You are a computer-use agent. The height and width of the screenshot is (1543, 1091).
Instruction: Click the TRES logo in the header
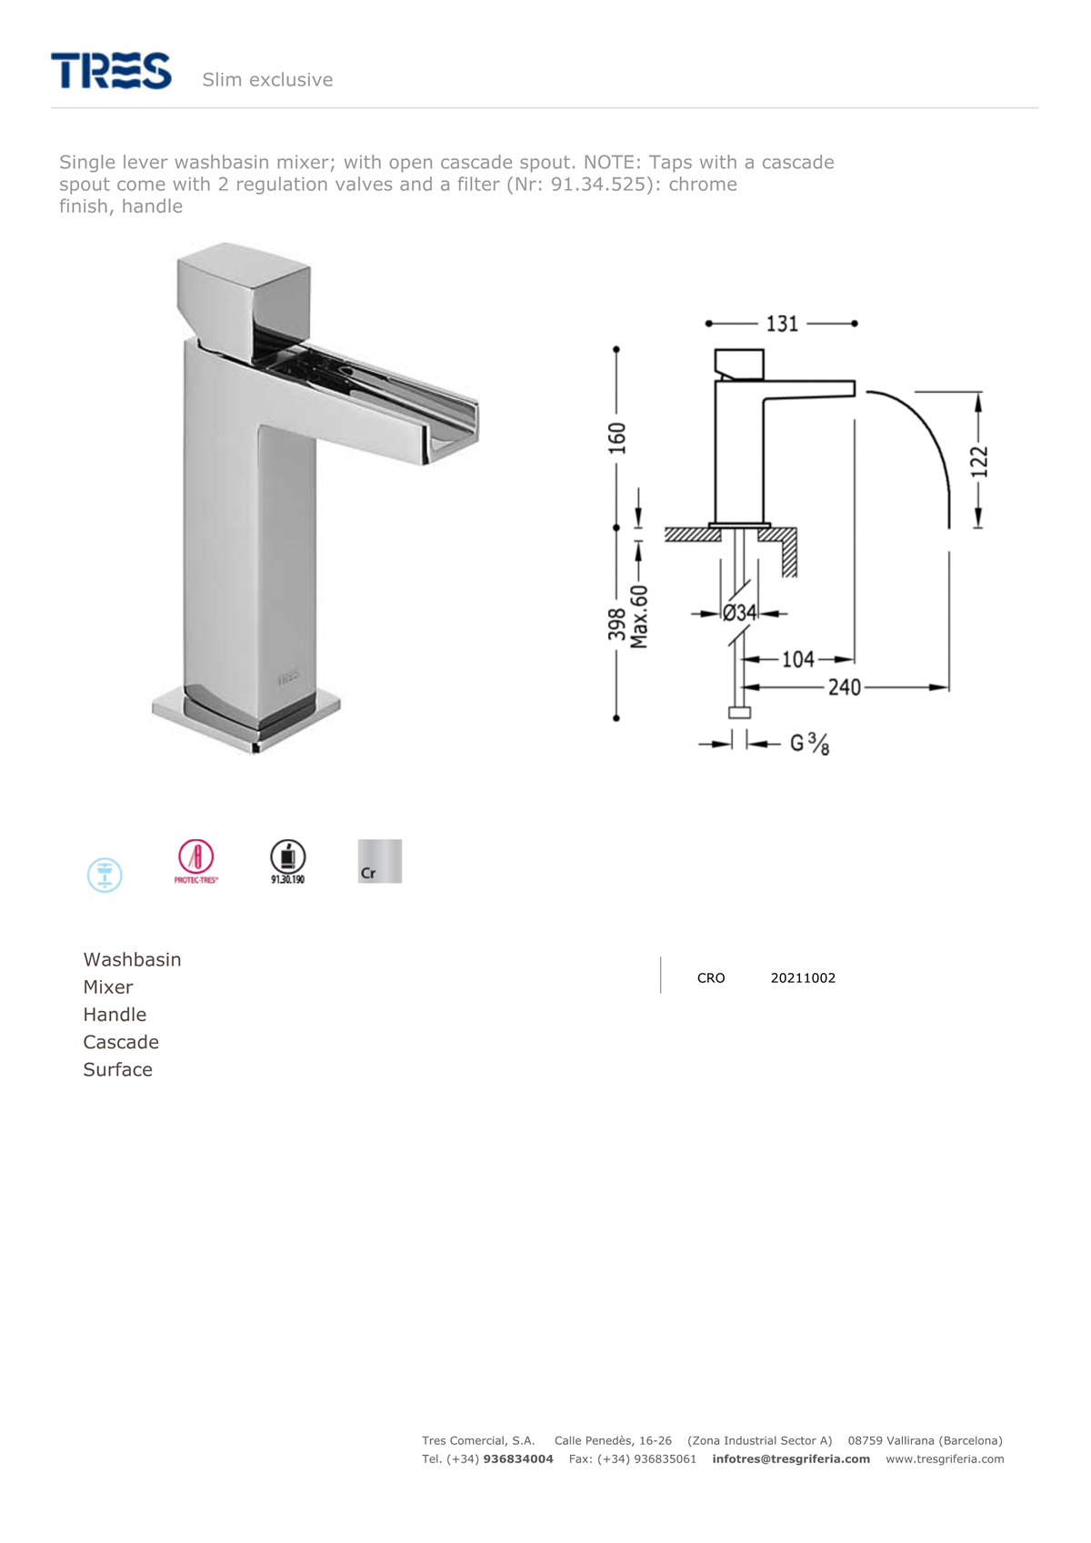(111, 70)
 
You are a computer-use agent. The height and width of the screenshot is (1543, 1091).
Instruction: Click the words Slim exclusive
(267, 80)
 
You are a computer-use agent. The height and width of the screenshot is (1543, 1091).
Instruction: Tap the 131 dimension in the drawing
(782, 324)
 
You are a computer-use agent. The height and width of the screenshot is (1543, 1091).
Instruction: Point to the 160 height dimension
(617, 438)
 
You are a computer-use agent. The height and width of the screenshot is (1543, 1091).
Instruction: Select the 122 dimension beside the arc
(979, 462)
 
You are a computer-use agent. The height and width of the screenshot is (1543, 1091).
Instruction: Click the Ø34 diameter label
(739, 612)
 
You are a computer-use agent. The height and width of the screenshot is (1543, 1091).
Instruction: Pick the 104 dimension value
(797, 659)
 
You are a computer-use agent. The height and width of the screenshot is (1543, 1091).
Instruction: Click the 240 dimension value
(845, 687)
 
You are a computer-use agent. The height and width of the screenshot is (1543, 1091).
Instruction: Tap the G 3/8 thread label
(809, 744)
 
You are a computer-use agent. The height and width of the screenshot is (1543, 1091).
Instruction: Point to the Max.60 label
(639, 616)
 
